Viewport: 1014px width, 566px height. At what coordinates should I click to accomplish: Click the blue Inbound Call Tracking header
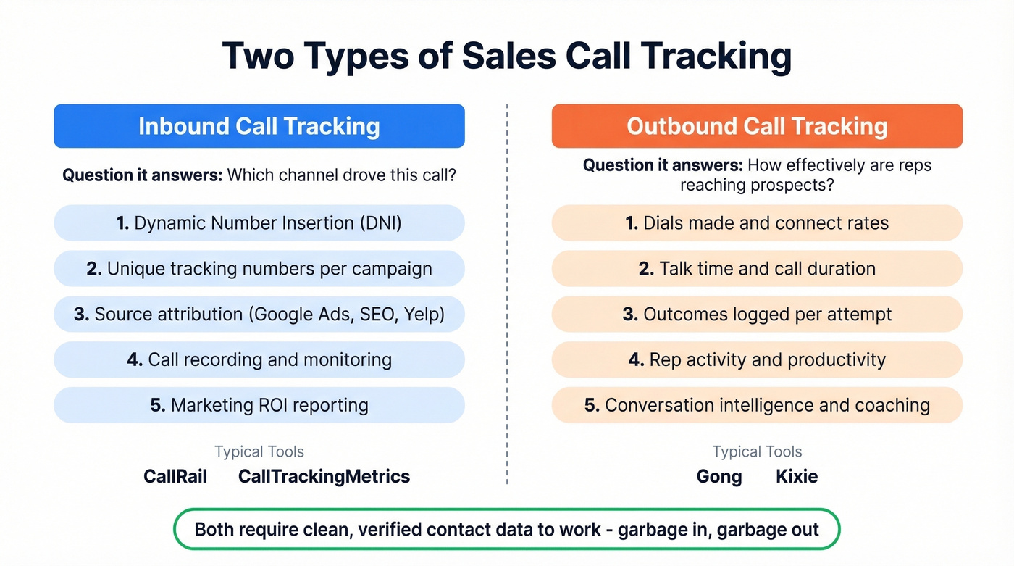point(259,126)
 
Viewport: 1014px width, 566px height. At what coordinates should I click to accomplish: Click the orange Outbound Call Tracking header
point(757,126)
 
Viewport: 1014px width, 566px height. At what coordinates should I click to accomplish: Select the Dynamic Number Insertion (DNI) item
point(259,223)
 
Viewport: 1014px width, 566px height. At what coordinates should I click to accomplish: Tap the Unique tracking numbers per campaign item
point(259,269)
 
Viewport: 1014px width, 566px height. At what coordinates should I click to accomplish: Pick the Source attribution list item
point(259,315)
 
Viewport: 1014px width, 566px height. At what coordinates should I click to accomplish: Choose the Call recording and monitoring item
point(259,360)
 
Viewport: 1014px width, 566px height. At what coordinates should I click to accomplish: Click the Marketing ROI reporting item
point(259,405)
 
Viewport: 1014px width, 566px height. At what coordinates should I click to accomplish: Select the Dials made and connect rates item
point(757,223)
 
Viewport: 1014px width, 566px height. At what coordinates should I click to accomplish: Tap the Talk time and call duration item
point(757,269)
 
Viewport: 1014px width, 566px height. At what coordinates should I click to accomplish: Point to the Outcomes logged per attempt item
point(757,315)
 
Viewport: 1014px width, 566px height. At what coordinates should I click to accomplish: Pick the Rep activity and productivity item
point(757,360)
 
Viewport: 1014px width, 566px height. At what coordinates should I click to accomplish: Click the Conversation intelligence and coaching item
point(757,405)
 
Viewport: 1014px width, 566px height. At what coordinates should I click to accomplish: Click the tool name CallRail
point(175,476)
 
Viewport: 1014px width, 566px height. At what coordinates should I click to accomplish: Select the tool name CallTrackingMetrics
point(324,476)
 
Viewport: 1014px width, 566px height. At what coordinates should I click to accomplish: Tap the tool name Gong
point(719,476)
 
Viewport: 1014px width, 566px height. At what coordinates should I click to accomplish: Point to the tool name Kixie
point(797,476)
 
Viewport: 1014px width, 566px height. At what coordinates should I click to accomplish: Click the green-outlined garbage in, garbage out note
point(506,529)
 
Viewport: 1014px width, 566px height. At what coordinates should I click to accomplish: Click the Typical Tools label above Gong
point(757,452)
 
